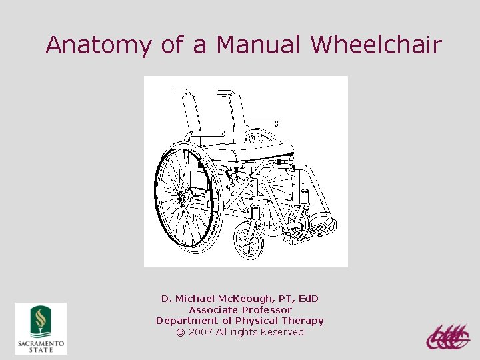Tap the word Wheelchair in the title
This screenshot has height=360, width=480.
[376, 45]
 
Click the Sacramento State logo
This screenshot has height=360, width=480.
[41, 328]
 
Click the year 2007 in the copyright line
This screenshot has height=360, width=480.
[201, 332]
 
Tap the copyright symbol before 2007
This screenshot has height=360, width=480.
[181, 332]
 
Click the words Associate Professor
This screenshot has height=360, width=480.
[240, 310]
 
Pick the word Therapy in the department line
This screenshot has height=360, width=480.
[302, 321]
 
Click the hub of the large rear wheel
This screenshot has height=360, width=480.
[184, 197]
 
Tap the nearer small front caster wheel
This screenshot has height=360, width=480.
[249, 241]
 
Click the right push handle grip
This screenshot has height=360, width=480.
[225, 92]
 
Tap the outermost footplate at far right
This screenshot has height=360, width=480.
[324, 227]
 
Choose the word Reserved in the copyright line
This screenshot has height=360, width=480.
[282, 332]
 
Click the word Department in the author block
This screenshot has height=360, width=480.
[184, 321]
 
